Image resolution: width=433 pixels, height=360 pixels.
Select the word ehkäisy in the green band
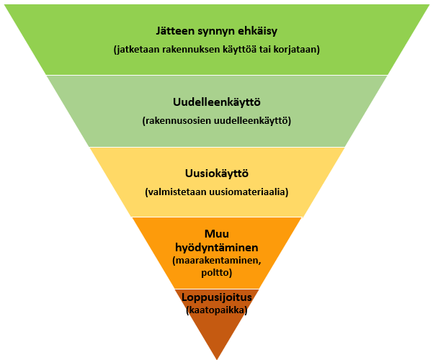(256, 32)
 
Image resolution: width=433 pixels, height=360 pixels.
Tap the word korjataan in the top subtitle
(296, 50)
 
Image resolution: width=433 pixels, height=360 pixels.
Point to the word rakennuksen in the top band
(192, 50)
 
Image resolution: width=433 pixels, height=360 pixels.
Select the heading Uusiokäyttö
(216, 174)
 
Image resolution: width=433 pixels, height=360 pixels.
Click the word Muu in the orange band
(216, 233)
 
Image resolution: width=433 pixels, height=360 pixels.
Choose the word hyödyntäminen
(216, 246)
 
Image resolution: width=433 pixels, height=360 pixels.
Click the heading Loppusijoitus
(216, 297)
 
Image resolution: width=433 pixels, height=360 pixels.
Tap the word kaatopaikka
(216, 310)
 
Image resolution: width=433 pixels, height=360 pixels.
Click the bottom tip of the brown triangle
(217, 357)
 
